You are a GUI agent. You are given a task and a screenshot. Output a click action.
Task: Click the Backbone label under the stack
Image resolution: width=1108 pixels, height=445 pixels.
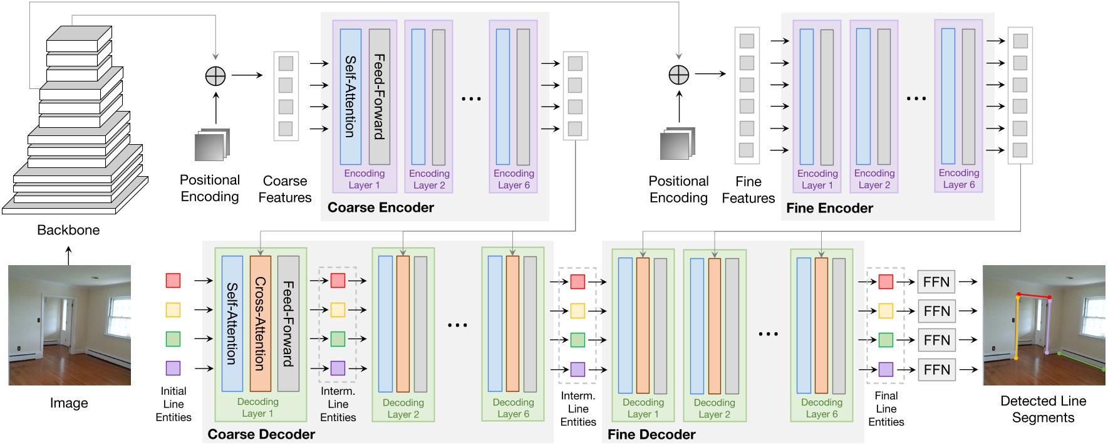tap(68, 230)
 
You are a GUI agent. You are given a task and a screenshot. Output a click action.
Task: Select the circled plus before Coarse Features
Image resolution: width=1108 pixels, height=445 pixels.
tap(215, 76)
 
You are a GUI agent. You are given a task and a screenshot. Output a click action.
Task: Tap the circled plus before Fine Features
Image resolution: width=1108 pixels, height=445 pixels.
tap(679, 75)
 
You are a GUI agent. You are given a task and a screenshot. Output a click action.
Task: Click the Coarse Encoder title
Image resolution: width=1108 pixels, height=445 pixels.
tap(380, 207)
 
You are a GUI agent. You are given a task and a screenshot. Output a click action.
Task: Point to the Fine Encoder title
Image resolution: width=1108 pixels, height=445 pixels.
tap(829, 208)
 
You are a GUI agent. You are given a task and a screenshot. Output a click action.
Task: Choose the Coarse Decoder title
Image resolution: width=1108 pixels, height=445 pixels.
tap(261, 434)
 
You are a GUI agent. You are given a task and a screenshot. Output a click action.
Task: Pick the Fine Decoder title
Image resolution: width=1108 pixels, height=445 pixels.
tap(651, 434)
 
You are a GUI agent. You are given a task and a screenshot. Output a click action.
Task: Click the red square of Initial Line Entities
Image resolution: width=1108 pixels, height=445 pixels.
tap(173, 280)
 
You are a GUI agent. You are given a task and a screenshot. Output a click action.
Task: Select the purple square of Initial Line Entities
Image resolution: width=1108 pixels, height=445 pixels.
tap(173, 368)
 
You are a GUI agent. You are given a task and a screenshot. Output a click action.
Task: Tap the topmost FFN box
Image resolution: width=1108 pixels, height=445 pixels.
tap(936, 282)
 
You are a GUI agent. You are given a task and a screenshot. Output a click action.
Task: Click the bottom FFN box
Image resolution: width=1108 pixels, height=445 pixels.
tap(936, 370)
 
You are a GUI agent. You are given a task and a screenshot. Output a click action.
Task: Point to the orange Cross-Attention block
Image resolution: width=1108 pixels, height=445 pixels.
tap(261, 323)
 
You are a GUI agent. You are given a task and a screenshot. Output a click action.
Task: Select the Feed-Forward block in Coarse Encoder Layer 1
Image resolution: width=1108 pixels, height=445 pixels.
tap(380, 97)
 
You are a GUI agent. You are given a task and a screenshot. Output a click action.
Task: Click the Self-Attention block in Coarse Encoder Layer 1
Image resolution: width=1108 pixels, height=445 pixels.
tap(351, 97)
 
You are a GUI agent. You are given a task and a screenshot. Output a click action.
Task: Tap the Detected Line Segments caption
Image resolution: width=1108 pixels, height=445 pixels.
tap(1043, 409)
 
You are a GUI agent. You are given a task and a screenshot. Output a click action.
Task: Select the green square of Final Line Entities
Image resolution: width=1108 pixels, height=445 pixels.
tap(886, 340)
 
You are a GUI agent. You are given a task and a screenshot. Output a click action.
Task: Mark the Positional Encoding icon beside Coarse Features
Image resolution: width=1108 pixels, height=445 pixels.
tap(212, 145)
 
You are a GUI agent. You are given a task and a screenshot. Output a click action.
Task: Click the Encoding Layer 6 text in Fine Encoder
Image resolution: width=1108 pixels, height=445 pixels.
tap(958, 179)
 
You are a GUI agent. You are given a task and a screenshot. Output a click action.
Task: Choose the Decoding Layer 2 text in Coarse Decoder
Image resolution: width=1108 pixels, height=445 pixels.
tap(403, 408)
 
